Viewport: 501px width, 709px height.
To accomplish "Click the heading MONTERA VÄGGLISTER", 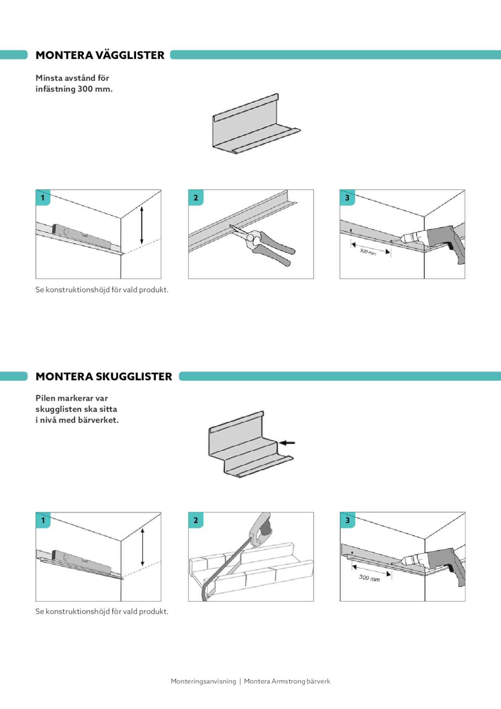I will tap(100, 55).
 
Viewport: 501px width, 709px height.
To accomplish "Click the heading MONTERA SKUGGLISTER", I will tap(104, 376).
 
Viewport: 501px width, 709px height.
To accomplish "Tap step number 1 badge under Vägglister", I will tap(43, 197).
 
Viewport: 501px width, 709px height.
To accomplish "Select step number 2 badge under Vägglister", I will tap(196, 197).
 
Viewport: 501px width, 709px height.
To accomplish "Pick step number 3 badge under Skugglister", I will tap(347, 520).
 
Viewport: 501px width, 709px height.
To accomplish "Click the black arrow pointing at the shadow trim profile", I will tap(288, 442).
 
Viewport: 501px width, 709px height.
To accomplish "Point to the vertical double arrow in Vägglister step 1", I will tap(141, 225).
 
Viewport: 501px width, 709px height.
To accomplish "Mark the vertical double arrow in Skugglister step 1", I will tap(142, 547).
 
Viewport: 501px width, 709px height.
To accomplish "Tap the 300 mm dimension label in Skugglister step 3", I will tap(369, 578).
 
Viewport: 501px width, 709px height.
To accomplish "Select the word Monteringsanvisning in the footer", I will tap(203, 681).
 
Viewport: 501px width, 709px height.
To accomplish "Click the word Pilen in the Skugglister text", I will tap(45, 398).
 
